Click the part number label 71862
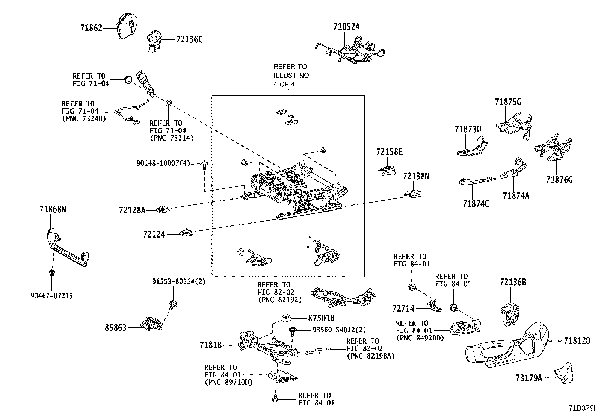point(91,28)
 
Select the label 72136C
point(190,39)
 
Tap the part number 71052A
point(346,27)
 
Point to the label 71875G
point(508,102)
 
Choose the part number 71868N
point(53,209)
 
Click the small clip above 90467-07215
point(51,273)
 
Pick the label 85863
point(115,328)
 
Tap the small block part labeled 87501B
point(286,318)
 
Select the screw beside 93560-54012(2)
point(293,331)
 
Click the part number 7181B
point(211,345)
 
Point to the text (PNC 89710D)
point(228,382)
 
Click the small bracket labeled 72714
point(434,306)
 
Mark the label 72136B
point(513,282)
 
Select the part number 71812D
point(577,340)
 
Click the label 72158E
point(390,152)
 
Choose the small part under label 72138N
point(413,194)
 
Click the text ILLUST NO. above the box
point(292,75)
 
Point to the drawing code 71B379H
point(583,408)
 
